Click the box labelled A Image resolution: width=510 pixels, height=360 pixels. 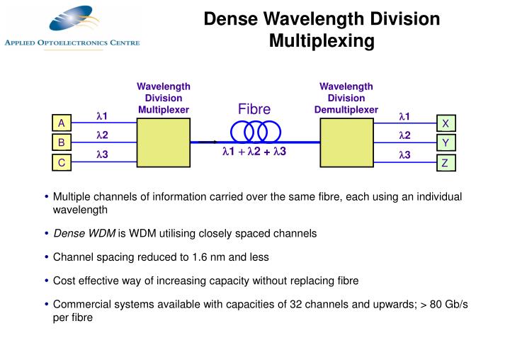pos(62,123)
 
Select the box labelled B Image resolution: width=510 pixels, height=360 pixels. pos(62,143)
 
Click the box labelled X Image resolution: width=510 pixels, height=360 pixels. pos(446,123)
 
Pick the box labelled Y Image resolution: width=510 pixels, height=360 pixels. pos(446,143)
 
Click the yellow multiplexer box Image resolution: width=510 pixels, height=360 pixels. pos(163,142)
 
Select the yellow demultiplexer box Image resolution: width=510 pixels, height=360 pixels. pos(346,142)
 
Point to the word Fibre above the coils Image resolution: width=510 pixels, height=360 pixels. pos(254,109)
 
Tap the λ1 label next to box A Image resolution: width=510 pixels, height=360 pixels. pos(101,116)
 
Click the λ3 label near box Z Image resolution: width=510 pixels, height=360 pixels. pos(405,155)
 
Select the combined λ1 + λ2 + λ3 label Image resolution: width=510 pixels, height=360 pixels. pos(254,152)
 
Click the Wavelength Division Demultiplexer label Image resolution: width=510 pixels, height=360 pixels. pos(346,98)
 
